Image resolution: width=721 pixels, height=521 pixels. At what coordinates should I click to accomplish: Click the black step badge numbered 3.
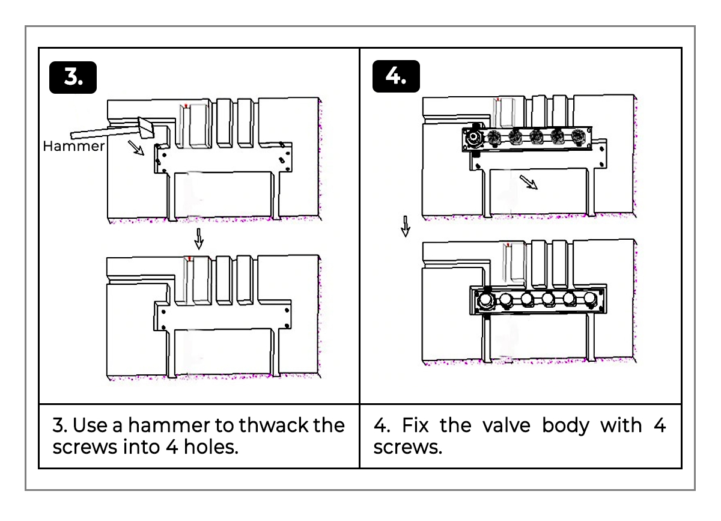pos(73,77)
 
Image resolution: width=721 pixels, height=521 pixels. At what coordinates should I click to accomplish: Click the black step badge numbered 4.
pos(396,77)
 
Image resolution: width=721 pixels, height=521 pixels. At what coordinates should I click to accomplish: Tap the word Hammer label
pos(73,146)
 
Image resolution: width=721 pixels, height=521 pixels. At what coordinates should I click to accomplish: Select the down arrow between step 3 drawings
pos(199,239)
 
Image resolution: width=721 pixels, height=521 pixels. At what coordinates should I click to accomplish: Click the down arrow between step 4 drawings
pos(406,227)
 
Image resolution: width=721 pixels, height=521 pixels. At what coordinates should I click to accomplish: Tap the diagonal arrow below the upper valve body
pos(528,181)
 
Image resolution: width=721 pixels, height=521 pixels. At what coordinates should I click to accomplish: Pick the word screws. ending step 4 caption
pos(407,448)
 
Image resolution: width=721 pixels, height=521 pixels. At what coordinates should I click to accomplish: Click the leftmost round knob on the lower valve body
pos(485,299)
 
